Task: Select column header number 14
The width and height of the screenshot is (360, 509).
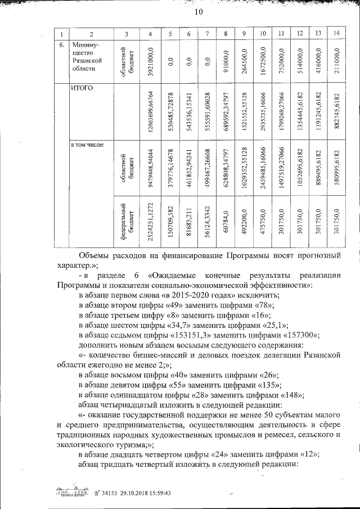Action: [x=336, y=33]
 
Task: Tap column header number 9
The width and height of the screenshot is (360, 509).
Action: [x=244, y=33]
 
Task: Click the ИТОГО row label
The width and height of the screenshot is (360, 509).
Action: [x=82, y=88]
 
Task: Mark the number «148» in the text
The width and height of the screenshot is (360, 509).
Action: [x=289, y=395]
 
